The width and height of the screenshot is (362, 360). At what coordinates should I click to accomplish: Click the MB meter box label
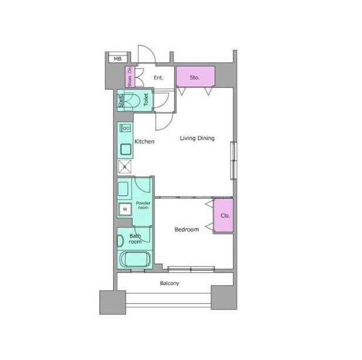click(x=117, y=59)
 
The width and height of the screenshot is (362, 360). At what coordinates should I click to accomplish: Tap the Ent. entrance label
click(x=158, y=78)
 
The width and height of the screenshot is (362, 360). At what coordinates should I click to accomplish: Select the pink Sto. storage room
click(x=195, y=76)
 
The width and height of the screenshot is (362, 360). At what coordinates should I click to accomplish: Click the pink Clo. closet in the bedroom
click(x=224, y=215)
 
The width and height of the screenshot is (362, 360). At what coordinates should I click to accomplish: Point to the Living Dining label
click(x=197, y=138)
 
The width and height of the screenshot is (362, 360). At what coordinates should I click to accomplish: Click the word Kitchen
click(x=144, y=141)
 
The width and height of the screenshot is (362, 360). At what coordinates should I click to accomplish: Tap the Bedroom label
click(x=187, y=229)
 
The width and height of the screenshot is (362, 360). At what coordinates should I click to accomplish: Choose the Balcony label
click(x=170, y=283)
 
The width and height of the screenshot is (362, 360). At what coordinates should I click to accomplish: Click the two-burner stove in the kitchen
click(x=126, y=128)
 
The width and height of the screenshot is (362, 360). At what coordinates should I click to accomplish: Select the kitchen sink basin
click(x=126, y=149)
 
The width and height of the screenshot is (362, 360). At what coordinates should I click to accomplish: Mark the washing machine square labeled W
click(x=125, y=209)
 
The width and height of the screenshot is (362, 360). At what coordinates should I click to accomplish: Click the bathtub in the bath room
click(x=135, y=259)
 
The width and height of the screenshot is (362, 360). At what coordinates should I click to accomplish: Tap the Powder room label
click(x=143, y=205)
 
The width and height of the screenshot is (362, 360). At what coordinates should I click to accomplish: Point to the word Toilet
click(x=146, y=100)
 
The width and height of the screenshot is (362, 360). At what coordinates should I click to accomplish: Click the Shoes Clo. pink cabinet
click(x=130, y=77)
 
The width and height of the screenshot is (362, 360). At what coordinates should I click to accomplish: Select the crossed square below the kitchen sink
click(x=124, y=167)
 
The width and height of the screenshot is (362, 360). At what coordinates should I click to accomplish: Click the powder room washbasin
click(x=123, y=189)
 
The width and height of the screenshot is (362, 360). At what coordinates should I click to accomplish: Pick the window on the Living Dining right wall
click(x=234, y=161)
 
